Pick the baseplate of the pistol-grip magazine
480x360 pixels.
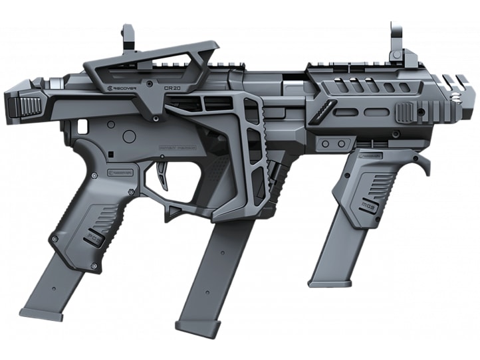[x=41, y=313]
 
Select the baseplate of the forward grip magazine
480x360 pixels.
[x=330, y=283]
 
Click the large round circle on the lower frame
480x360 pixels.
[x=129, y=137]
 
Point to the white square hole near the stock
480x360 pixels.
[x=82, y=126]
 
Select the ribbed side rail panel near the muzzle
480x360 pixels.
[x=406, y=111]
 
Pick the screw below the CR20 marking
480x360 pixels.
[x=156, y=118]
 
